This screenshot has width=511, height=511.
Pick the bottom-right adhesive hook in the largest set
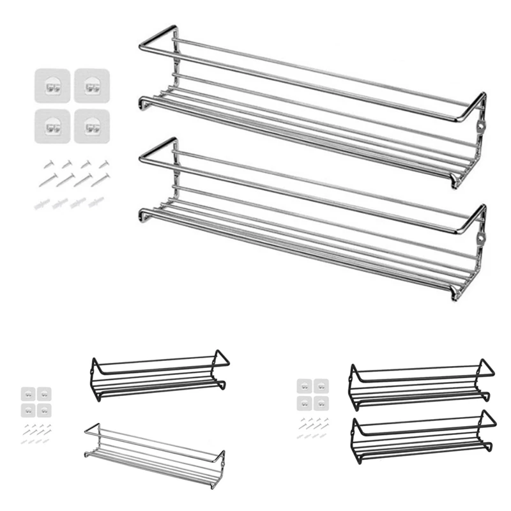click(91, 125)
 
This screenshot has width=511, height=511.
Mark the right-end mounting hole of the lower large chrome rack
click(478, 240)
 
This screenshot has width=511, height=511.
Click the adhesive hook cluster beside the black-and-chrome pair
click(36, 401)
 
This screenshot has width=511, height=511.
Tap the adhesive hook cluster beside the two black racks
click(312, 395)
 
